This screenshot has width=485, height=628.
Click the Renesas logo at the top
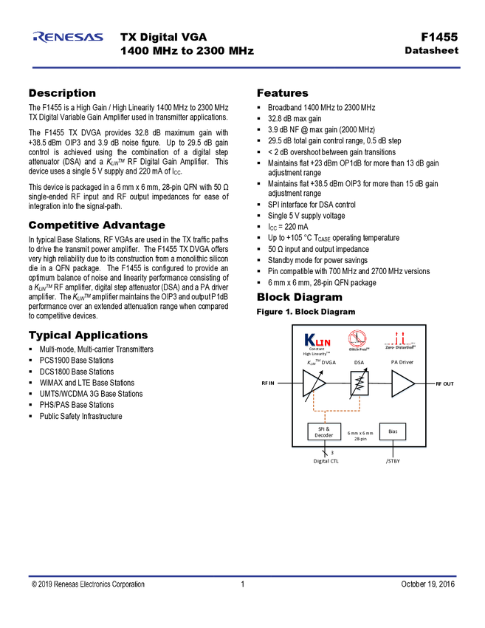[68, 36]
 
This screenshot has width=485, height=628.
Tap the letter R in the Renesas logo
[38, 36]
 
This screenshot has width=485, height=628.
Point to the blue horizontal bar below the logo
[246, 67]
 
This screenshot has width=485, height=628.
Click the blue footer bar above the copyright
[242, 576]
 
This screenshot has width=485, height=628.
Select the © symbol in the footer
[34, 584]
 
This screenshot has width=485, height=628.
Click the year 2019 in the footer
[45, 584]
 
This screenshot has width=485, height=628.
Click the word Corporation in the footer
[129, 584]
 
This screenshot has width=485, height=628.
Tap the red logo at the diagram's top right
[400, 338]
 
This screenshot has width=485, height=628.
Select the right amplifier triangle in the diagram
[404, 386]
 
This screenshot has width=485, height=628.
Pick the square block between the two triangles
[360, 385]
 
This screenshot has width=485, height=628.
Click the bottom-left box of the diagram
[324, 434]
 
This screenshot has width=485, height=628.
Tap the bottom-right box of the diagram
[392, 434]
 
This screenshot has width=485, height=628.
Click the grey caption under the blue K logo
[317, 352]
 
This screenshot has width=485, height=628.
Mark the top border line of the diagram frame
[360, 326]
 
